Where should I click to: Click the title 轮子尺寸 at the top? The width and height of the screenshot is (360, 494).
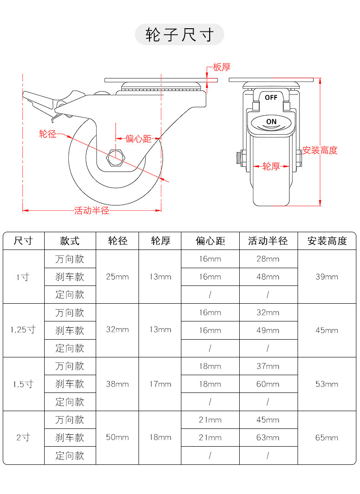[180, 35]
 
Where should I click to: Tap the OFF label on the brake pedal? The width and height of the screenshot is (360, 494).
[271, 97]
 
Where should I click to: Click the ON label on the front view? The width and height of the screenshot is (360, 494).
[271, 122]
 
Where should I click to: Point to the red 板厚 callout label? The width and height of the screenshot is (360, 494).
[222, 67]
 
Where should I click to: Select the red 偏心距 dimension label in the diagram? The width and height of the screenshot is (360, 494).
[138, 138]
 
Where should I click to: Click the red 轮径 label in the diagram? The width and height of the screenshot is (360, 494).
[47, 134]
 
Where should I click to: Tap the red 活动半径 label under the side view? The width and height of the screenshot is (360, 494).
[92, 211]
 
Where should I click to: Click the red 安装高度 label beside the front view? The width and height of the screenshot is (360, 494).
[320, 151]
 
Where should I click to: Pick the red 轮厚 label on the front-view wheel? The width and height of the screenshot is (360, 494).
[271, 167]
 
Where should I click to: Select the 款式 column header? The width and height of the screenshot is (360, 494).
[70, 241]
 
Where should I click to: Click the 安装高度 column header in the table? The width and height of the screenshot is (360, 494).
[327, 241]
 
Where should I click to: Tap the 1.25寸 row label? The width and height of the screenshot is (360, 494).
[23, 330]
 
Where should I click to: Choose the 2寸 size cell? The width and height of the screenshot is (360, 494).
[23, 438]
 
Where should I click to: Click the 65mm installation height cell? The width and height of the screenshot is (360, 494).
[327, 438]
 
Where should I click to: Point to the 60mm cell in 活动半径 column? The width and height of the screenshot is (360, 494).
[268, 384]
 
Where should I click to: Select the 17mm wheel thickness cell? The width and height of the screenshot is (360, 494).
[160, 384]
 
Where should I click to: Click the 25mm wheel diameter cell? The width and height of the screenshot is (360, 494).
[117, 276]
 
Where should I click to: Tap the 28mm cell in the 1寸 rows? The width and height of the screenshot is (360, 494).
[268, 259]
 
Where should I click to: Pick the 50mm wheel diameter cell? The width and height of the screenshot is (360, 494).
[117, 438]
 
